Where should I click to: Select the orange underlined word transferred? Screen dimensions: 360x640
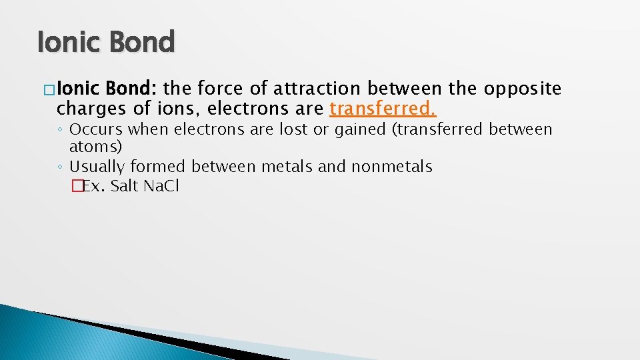[383, 108]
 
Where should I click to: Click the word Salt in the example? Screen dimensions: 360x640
[124, 186]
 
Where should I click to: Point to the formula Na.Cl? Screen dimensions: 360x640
[161, 186]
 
